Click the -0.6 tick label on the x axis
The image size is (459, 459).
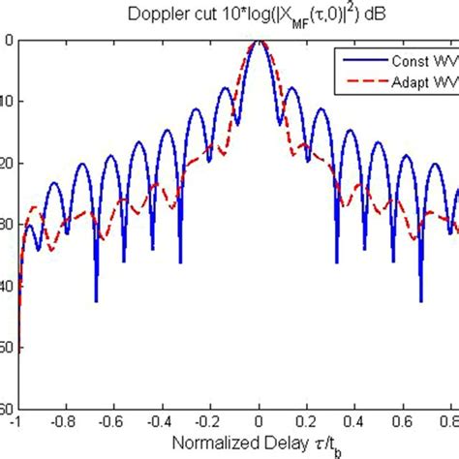click(112, 423)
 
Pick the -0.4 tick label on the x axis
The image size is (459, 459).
click(161, 423)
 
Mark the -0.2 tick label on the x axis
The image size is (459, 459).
click(209, 423)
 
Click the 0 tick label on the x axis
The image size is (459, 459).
click(260, 423)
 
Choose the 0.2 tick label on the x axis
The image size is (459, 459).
click(308, 423)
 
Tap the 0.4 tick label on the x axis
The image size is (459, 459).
click(356, 423)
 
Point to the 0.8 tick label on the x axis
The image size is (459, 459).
click(450, 423)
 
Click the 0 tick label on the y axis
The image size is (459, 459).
click(8, 41)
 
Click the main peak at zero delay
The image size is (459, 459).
click(260, 43)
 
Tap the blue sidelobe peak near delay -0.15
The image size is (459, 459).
click(226, 88)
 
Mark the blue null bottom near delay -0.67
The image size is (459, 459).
click(96, 300)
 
